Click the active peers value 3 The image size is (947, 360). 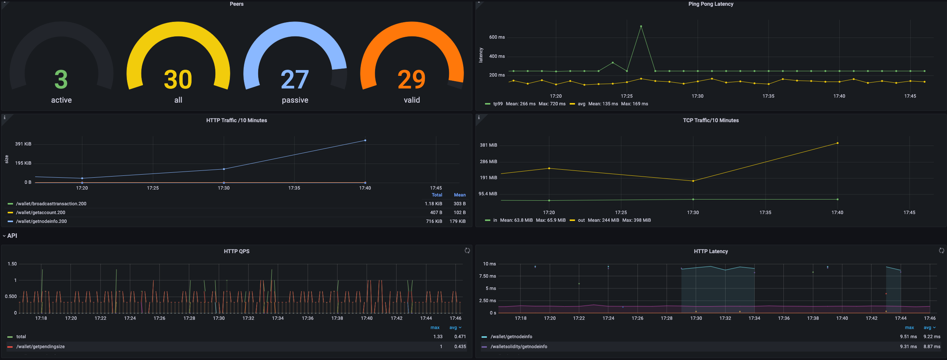tap(61, 79)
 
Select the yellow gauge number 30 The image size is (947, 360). tap(178, 79)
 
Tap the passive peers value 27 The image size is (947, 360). tap(295, 79)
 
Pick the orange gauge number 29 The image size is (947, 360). tap(412, 79)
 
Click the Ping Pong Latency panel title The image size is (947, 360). tap(711, 4)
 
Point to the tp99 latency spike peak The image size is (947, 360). tap(641, 26)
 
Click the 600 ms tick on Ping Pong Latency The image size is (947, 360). tap(497, 37)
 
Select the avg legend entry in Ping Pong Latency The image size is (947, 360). tap(581, 104)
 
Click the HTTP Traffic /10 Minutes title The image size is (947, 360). tap(237, 120)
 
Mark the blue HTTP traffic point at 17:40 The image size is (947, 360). tap(365, 140)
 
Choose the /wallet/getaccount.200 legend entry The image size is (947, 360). tap(41, 213)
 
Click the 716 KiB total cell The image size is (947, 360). tap(434, 221)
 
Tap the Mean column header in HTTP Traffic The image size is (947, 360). tap(460, 195)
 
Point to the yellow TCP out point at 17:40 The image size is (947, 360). tap(837, 143)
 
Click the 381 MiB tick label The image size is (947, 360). tap(488, 145)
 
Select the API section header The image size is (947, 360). tap(12, 236)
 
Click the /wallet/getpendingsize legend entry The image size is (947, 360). tap(41, 347)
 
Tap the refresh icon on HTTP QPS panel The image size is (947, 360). tap(467, 250)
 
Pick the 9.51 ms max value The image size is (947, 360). tap(908, 337)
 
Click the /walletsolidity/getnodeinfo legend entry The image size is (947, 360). tap(519, 347)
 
